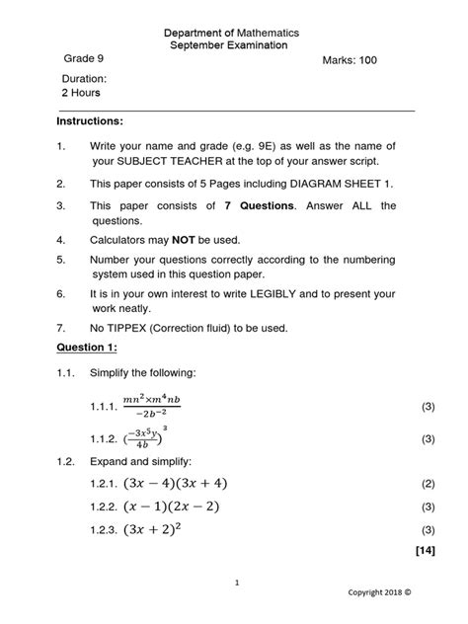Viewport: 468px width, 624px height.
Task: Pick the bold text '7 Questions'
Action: [260, 206]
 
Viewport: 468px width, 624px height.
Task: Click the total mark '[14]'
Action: [426, 550]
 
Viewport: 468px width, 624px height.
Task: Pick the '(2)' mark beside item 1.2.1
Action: [428, 485]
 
